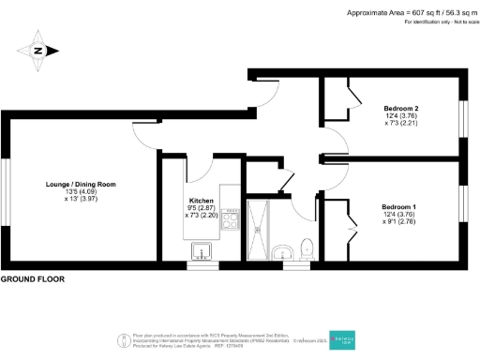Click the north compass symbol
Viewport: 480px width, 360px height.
pyautogui.click(x=37, y=51)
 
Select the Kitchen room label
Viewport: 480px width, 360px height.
pyautogui.click(x=202, y=202)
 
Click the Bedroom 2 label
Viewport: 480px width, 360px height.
pyautogui.click(x=400, y=110)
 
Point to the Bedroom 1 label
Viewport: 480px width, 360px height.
pyautogui.click(x=399, y=206)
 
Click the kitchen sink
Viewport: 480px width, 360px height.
pyautogui.click(x=201, y=250)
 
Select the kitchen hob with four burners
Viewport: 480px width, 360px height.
pyautogui.click(x=231, y=222)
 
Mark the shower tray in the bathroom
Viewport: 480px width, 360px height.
pyautogui.click(x=259, y=228)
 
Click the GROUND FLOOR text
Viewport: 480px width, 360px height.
pyautogui.click(x=33, y=280)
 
